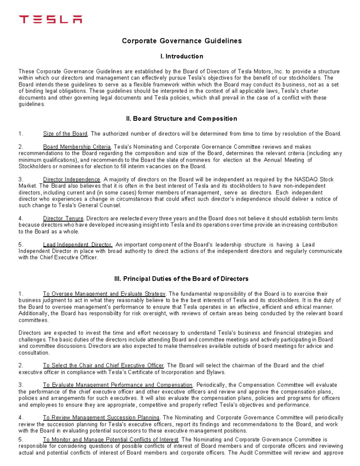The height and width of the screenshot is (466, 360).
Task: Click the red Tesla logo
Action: coord(50,20)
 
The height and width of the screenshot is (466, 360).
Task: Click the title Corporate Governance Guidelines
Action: coord(181,41)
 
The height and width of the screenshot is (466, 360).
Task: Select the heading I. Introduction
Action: coord(182,56)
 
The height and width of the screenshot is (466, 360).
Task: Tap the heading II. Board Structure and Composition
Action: coord(181,119)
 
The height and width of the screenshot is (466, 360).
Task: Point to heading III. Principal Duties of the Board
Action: coord(181,279)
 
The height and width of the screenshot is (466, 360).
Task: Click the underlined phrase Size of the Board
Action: coord(65,134)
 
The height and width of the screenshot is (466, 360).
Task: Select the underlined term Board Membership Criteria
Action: coord(77,147)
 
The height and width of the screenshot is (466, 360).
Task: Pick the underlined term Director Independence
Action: coord(71,179)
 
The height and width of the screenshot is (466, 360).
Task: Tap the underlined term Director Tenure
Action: coord(63,218)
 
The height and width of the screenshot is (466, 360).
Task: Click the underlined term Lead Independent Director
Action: coord(77,245)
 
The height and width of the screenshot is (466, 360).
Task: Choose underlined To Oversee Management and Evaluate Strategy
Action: coord(104,294)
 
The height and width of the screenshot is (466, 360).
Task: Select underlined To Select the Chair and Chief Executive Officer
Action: coord(103,365)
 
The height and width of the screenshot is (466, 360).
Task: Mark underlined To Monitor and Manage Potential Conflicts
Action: coord(111,440)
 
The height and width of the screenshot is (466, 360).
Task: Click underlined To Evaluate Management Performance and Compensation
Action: coord(118,385)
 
